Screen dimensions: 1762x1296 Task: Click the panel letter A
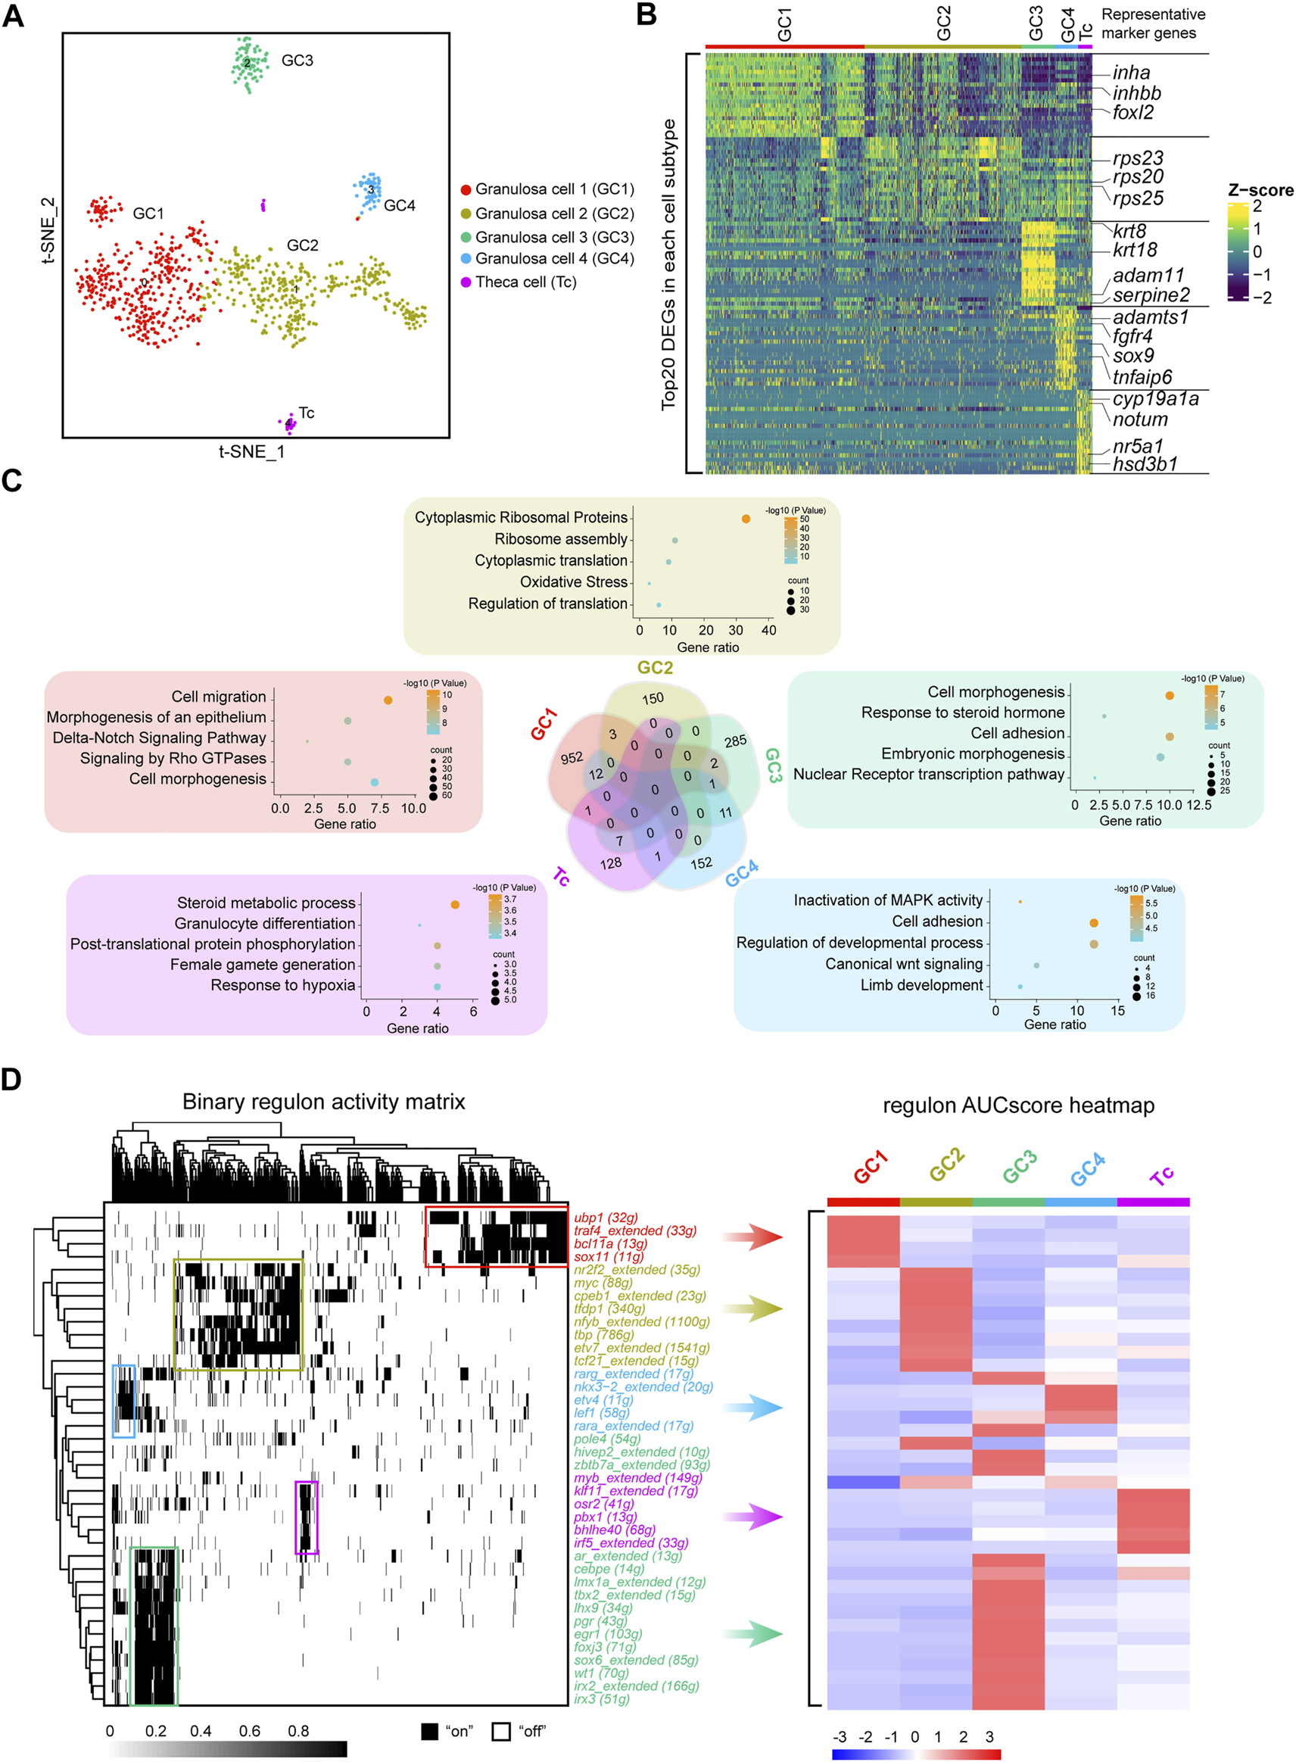[14, 15]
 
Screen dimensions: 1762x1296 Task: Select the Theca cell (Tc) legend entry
[525, 282]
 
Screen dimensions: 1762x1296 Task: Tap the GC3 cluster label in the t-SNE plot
[298, 61]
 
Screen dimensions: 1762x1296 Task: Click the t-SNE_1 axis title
[251, 452]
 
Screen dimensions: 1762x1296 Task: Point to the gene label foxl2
[1132, 113]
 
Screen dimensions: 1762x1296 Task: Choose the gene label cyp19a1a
[1155, 399]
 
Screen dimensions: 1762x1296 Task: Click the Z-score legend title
[1260, 190]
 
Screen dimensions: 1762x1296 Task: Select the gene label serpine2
[1151, 296]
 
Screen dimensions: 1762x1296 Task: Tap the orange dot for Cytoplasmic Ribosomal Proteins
[746, 519]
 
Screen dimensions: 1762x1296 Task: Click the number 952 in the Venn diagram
[571, 758]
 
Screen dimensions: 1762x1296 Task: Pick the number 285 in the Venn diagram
[735, 741]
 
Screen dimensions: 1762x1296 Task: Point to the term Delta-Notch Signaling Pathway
[159, 738]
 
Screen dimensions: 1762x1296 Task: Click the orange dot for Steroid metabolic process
[455, 905]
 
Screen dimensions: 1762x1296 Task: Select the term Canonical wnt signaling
[904, 964]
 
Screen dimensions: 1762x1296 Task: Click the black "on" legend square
[429, 1731]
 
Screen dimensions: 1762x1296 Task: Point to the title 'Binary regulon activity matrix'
[323, 1102]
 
